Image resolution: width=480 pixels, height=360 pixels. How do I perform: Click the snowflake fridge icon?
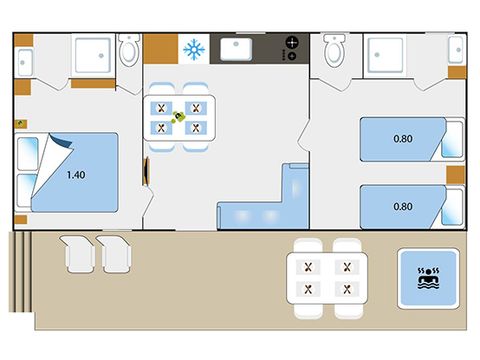pyautogui.click(x=192, y=49)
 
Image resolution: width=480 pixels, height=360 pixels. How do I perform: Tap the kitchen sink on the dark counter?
pyautogui.click(x=237, y=49)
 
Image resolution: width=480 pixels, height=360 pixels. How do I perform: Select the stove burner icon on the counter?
pyautogui.click(x=292, y=47)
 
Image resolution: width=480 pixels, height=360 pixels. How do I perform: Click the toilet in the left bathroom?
pyautogui.click(x=128, y=50)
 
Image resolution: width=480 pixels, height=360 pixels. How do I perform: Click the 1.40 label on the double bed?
pyautogui.click(x=75, y=175)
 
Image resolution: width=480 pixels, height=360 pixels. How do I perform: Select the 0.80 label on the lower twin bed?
pyautogui.click(x=403, y=206)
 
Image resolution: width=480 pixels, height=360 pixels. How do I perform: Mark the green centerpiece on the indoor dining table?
pyautogui.click(x=181, y=118)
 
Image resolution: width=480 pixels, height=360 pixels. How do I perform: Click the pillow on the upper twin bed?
pyautogui.click(x=453, y=139)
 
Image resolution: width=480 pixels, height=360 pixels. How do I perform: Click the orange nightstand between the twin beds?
pyautogui.click(x=455, y=174)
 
